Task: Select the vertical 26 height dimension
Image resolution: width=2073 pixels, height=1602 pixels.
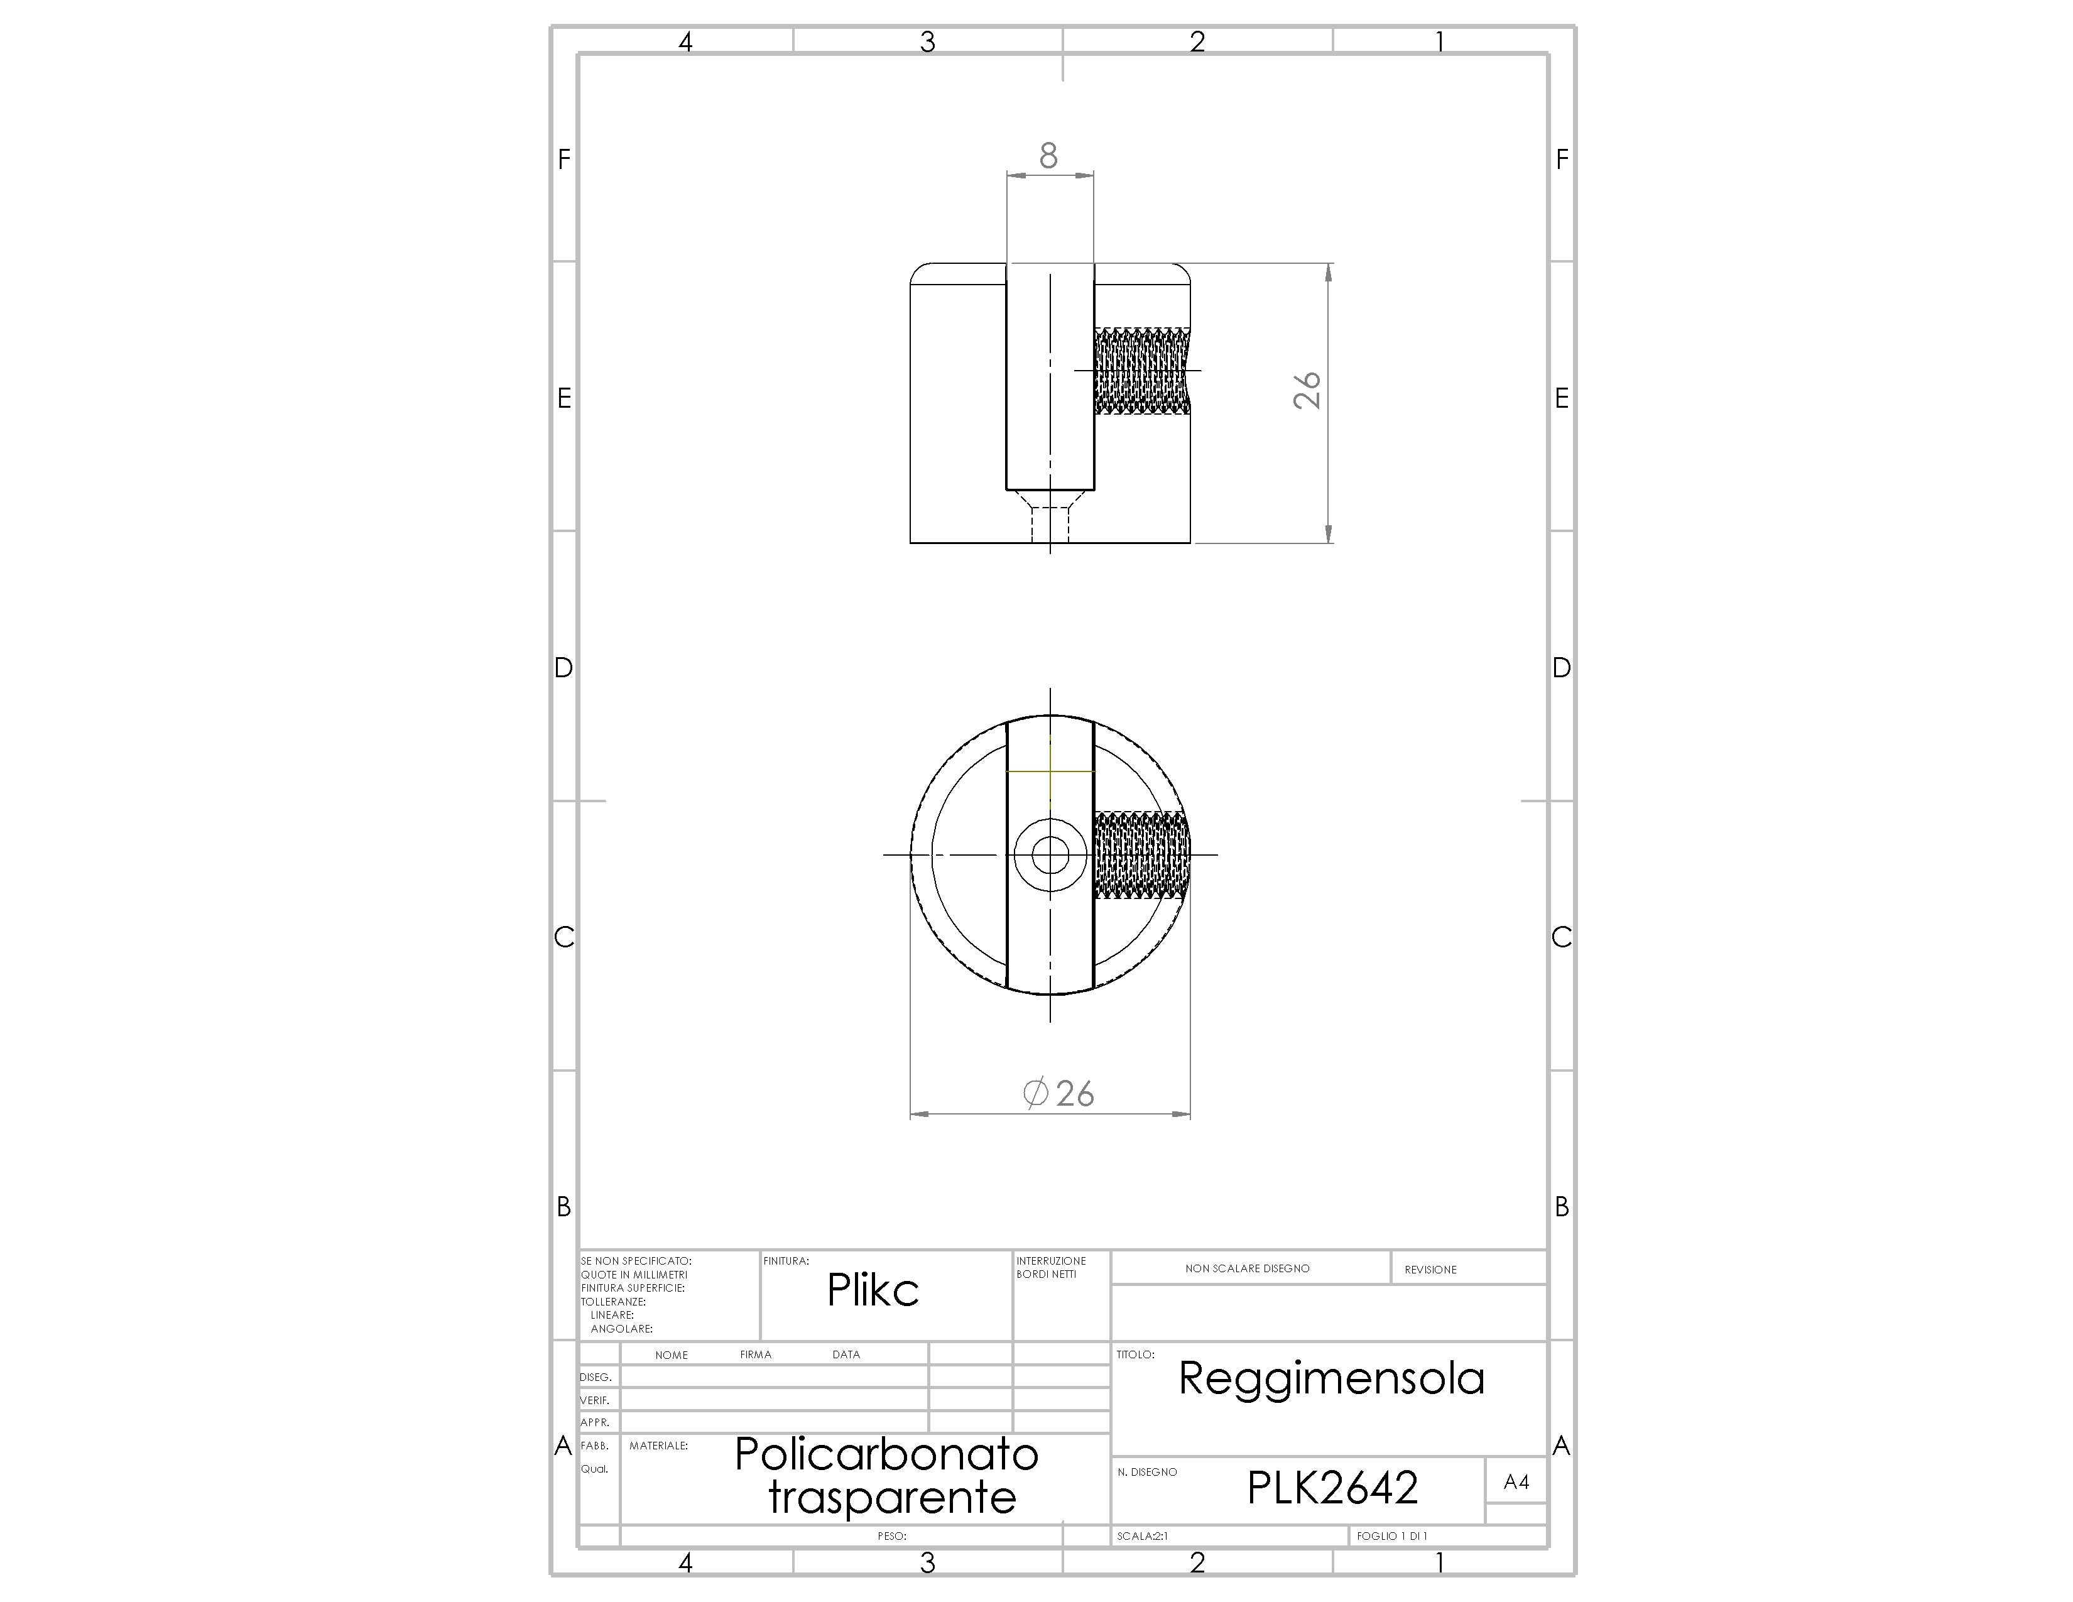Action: (x=1307, y=390)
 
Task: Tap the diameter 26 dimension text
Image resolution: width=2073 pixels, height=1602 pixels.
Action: (x=1059, y=1093)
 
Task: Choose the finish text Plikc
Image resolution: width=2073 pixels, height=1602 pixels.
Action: (x=873, y=1290)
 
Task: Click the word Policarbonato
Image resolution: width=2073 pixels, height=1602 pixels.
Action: (x=886, y=1454)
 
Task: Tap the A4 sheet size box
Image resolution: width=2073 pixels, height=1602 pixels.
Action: (x=1516, y=1481)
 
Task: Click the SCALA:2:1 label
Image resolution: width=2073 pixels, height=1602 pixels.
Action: (x=1143, y=1535)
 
